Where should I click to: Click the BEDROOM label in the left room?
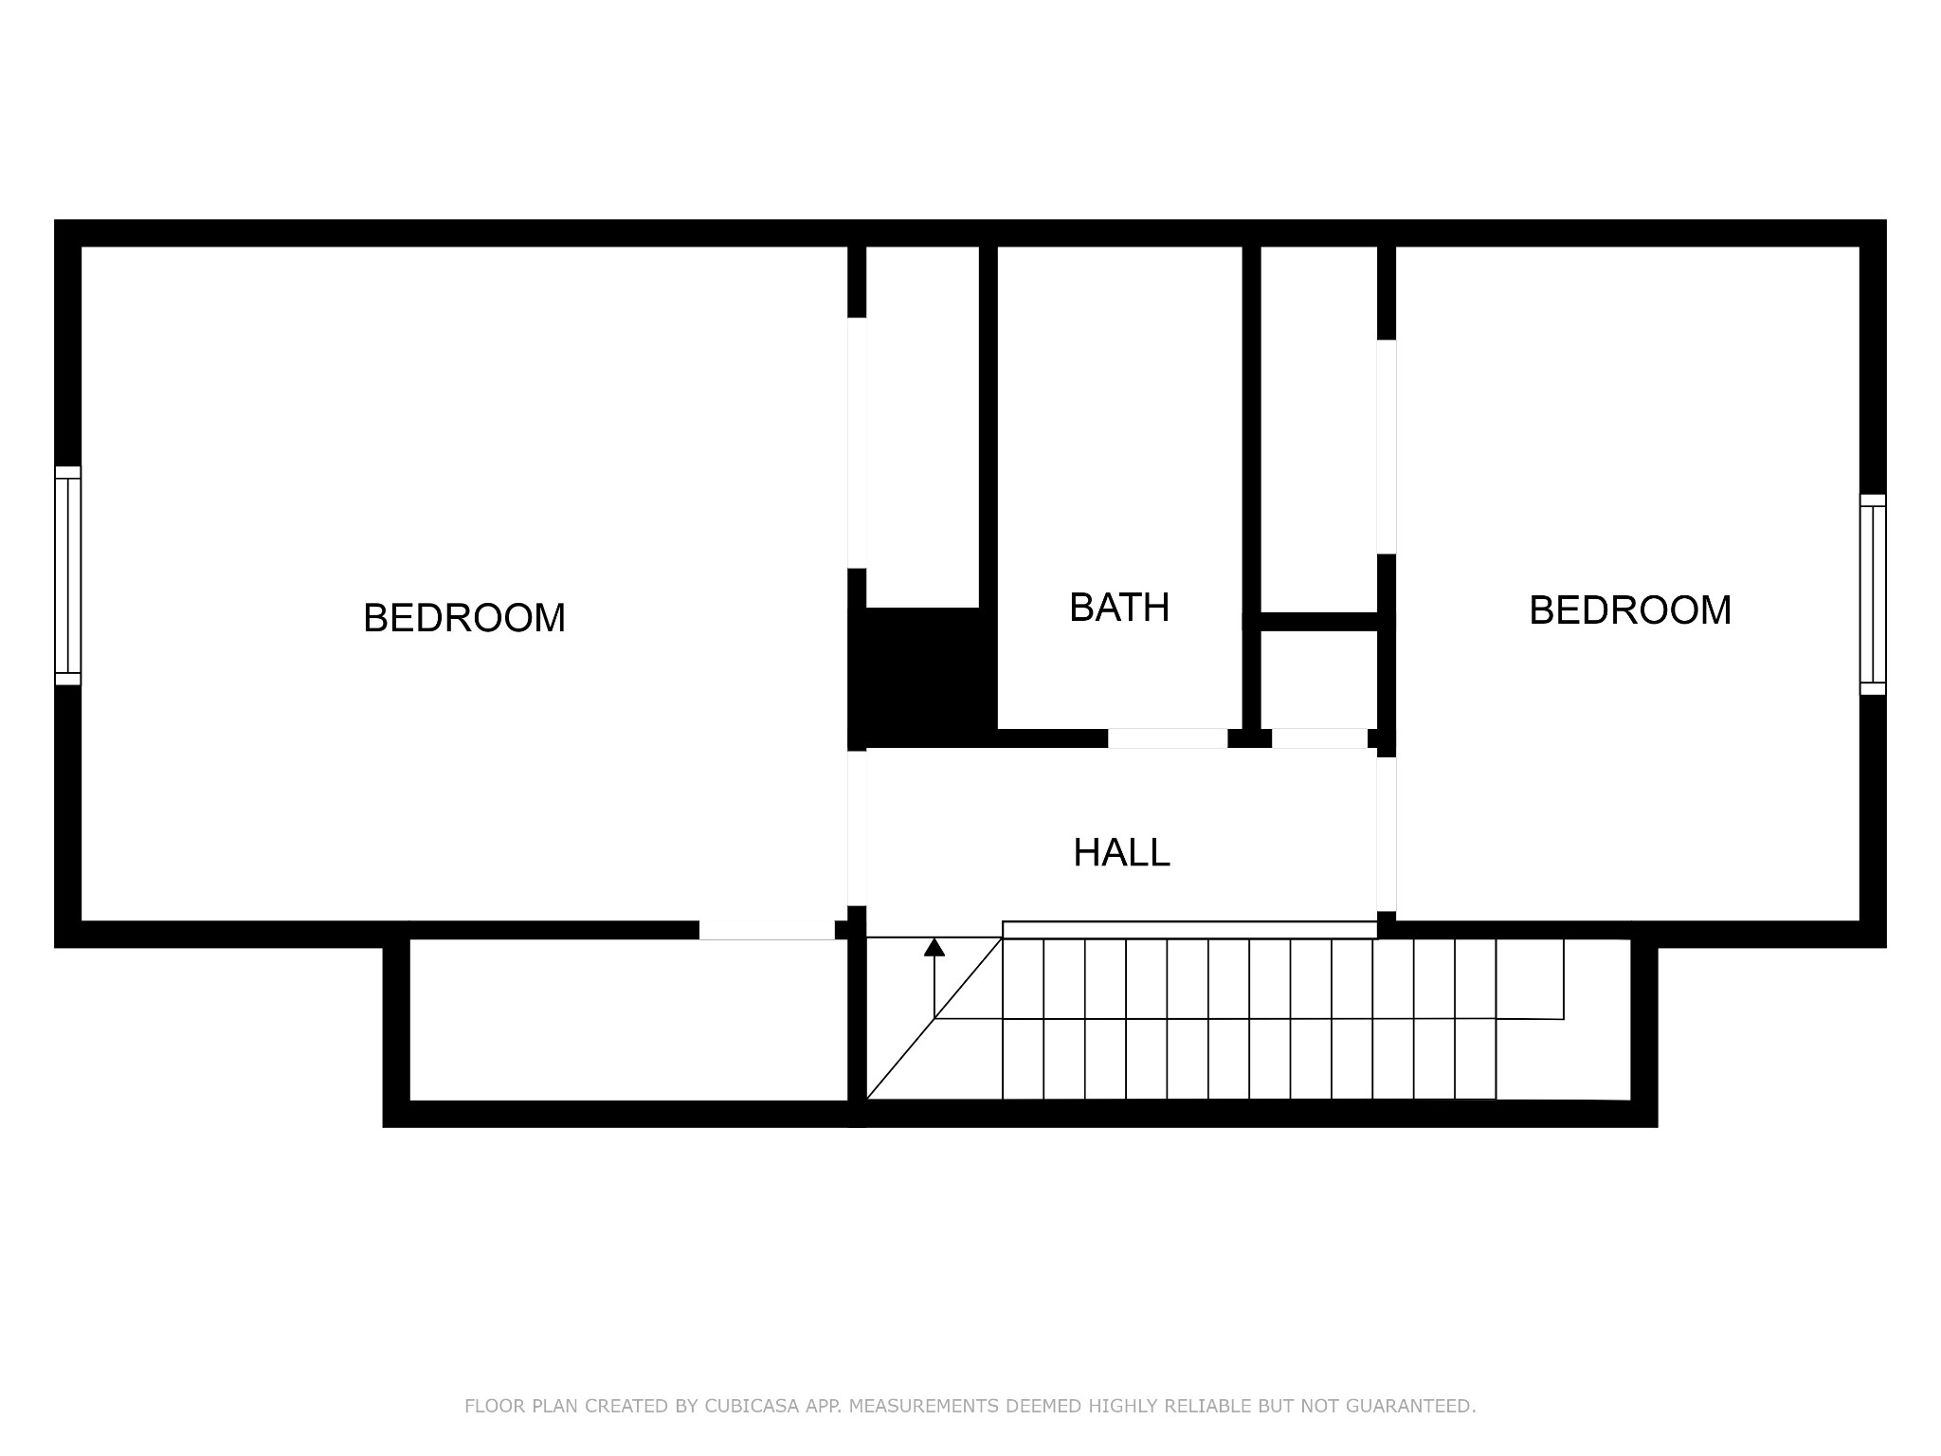click(x=464, y=618)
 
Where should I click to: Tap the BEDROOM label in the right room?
click(x=1630, y=610)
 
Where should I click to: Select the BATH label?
click(x=1119, y=608)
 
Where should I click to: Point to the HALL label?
click(x=1121, y=853)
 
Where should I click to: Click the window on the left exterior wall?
click(x=68, y=575)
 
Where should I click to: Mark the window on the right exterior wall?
click(x=1873, y=594)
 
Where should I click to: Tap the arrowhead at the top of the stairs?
click(x=934, y=947)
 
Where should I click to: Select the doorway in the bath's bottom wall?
click(x=1168, y=738)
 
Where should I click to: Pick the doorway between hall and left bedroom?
click(x=857, y=828)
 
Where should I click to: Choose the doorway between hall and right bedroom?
click(x=1387, y=834)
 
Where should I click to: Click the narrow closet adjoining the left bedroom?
click(x=922, y=427)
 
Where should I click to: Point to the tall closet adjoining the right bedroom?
click(x=1318, y=429)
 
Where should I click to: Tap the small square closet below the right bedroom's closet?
click(x=1318, y=680)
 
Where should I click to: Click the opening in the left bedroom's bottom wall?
click(x=767, y=930)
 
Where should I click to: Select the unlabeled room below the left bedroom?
click(x=628, y=1020)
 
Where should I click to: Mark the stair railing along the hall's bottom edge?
click(x=1189, y=930)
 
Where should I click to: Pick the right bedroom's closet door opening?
click(x=1387, y=446)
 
